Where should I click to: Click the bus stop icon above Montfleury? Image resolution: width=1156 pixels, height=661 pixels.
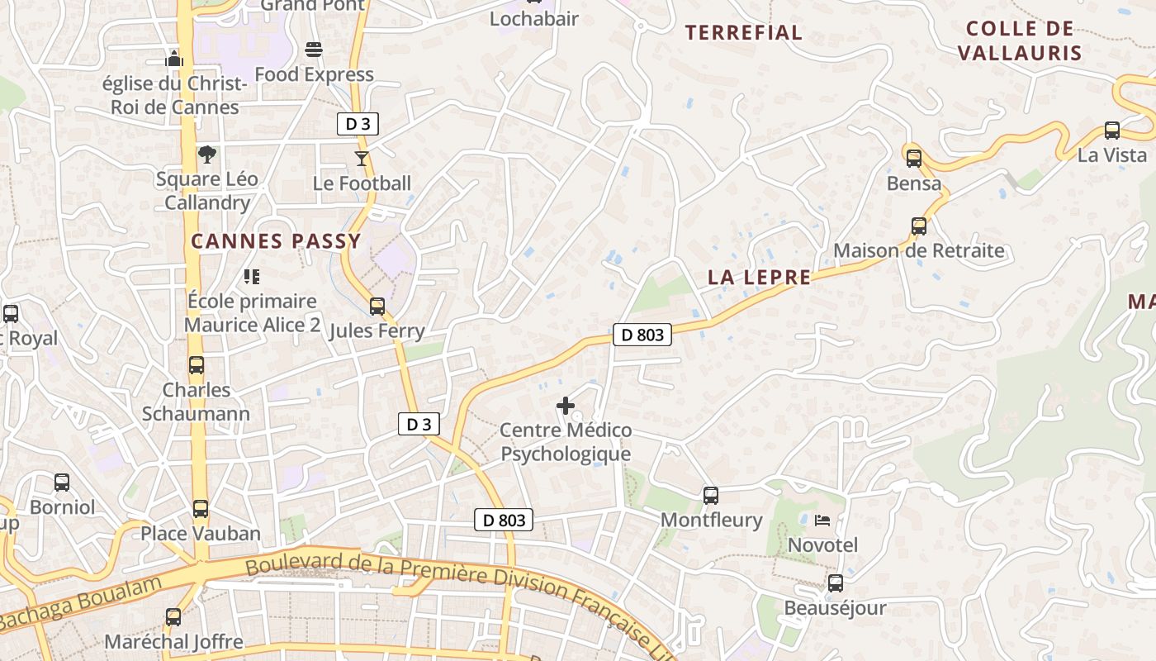tap(711, 496)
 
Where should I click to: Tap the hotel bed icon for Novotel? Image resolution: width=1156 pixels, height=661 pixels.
tap(822, 521)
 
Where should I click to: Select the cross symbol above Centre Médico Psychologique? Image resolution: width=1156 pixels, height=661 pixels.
tap(566, 406)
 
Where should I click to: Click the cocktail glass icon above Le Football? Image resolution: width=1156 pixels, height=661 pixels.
tap(362, 158)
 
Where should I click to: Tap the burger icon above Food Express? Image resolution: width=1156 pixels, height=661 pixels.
tap(314, 50)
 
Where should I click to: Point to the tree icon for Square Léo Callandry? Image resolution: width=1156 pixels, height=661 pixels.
tap(207, 154)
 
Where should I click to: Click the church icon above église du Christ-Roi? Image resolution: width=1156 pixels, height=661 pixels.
tap(174, 58)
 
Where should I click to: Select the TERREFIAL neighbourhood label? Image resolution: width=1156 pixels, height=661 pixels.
tap(744, 33)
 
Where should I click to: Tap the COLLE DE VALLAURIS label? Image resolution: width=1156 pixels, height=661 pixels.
tap(1020, 40)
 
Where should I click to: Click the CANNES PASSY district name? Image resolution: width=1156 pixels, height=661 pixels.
tap(276, 241)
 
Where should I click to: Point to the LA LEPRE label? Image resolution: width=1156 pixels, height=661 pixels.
tap(759, 278)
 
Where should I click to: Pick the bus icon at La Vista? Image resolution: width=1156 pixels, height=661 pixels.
tap(1112, 130)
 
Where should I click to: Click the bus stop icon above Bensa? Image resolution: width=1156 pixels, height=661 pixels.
tap(914, 158)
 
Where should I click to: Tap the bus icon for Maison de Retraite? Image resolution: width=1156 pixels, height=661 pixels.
tap(919, 226)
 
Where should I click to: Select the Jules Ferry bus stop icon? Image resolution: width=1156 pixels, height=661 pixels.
tap(377, 307)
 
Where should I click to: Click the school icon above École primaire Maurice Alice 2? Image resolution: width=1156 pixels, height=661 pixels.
tap(252, 276)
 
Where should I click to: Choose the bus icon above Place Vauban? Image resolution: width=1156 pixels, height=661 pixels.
tap(201, 508)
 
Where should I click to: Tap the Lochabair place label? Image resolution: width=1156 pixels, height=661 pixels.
tap(534, 18)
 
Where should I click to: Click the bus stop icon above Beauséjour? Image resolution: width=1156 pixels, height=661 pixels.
tap(836, 583)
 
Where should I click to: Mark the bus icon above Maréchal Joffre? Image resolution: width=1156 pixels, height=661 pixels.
tap(173, 616)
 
